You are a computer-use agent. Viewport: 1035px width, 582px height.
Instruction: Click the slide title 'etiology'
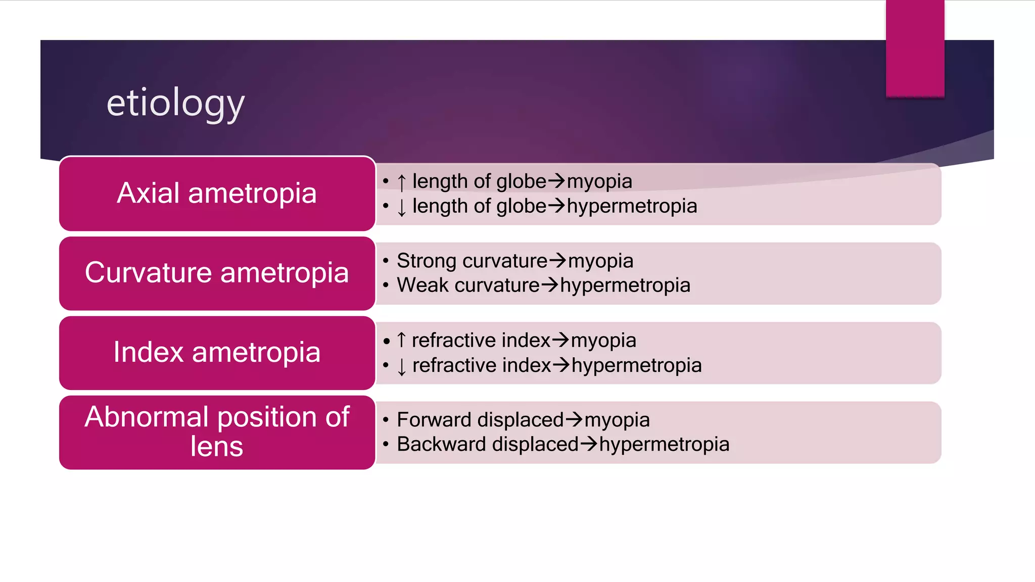(x=175, y=103)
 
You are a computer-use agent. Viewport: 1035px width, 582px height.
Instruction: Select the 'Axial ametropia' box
(x=217, y=193)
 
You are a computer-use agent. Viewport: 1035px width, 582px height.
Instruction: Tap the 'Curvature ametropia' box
(x=217, y=273)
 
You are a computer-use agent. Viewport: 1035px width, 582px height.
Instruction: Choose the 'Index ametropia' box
(x=217, y=353)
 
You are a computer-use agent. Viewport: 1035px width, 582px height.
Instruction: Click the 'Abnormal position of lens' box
(x=217, y=432)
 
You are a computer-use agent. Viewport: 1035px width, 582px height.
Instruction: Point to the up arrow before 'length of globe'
(x=401, y=182)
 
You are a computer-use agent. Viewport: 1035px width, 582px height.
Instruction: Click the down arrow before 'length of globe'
(x=401, y=207)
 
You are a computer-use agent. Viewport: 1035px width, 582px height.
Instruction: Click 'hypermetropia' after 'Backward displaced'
(x=664, y=445)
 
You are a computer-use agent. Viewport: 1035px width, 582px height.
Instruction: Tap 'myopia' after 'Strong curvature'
(x=600, y=261)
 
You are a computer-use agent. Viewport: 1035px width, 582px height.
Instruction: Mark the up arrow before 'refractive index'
(x=401, y=340)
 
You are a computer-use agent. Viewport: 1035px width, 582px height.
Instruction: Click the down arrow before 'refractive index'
(x=401, y=366)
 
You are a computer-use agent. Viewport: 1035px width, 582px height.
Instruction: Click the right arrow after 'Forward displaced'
(x=574, y=419)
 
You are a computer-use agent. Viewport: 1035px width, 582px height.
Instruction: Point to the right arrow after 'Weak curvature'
(x=549, y=285)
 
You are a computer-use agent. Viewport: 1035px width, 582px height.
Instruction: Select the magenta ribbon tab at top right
(x=915, y=48)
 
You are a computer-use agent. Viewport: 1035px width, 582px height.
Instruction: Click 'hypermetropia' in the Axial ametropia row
(x=632, y=206)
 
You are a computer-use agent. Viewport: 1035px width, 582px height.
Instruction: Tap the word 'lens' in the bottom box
(x=217, y=447)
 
